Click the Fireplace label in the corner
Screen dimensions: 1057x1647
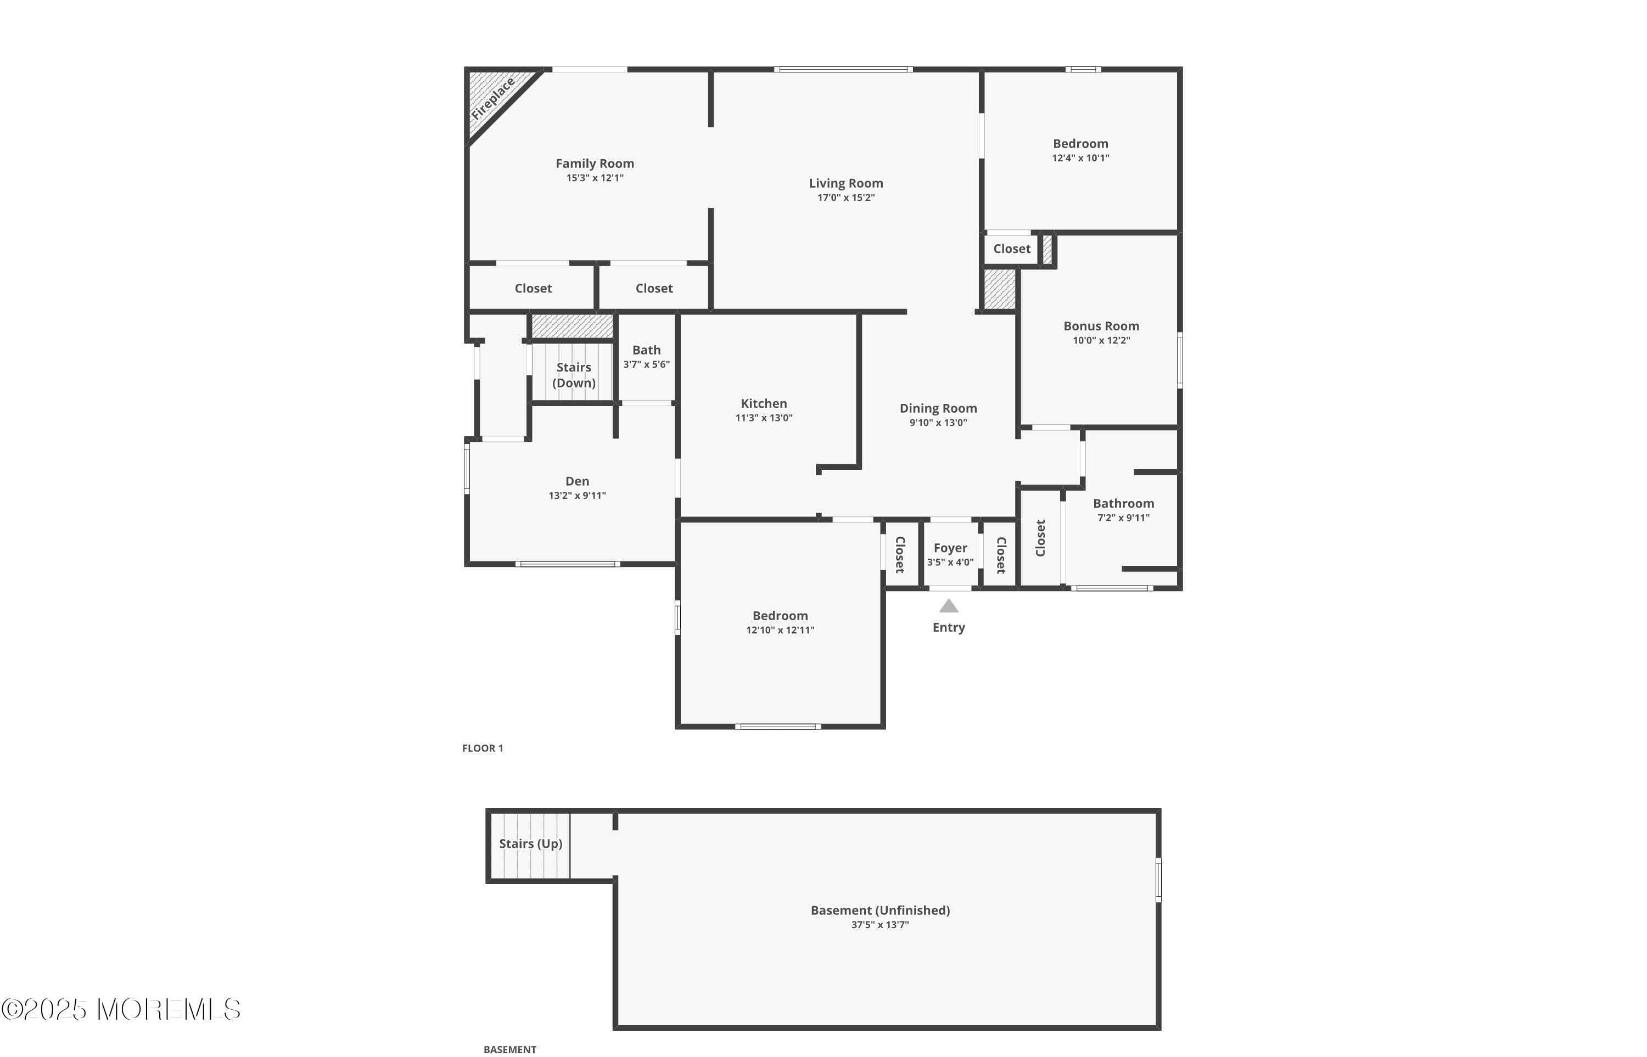point(493,99)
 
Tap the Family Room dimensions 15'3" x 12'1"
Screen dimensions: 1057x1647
point(595,178)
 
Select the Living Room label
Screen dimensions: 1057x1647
point(846,183)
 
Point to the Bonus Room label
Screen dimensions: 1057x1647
point(1101,326)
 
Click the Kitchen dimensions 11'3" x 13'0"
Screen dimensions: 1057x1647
point(764,417)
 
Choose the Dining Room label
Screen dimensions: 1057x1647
point(938,408)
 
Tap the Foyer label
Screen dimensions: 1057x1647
point(950,548)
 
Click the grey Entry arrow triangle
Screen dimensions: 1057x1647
point(949,606)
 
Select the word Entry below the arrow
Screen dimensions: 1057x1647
point(949,627)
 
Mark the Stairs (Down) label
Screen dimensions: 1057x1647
point(574,375)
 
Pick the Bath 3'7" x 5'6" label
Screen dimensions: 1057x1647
point(646,356)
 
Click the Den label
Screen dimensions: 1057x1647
point(578,481)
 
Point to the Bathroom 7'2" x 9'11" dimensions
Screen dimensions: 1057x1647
point(1123,518)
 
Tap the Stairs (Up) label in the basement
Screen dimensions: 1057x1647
point(531,844)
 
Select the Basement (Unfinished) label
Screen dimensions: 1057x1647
point(880,910)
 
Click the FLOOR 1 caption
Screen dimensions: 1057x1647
point(483,748)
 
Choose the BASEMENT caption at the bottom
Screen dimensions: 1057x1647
point(510,1049)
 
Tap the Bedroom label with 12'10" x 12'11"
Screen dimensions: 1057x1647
point(780,616)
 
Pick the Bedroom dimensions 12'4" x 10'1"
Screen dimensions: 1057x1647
point(1080,158)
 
